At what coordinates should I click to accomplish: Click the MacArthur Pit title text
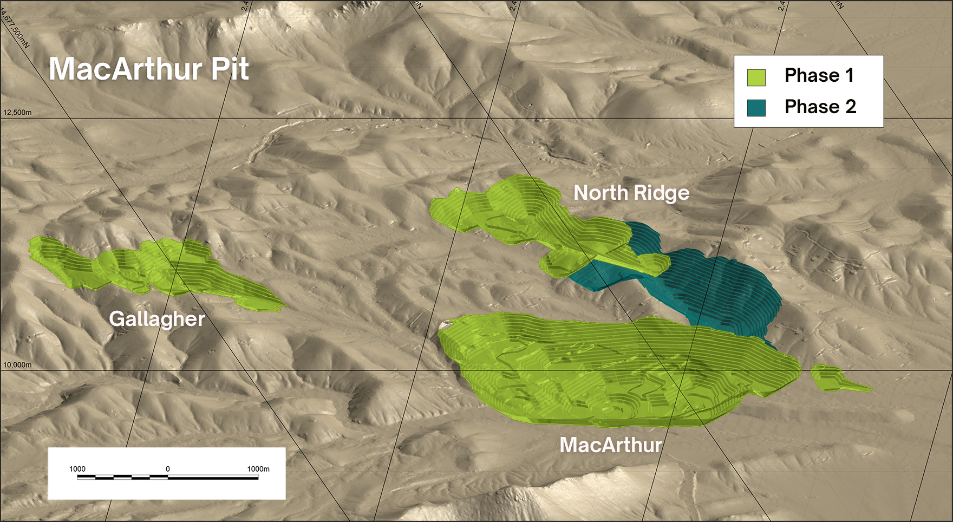[149, 69]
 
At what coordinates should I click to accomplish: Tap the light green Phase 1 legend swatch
[756, 77]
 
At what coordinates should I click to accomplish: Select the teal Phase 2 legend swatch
[756, 108]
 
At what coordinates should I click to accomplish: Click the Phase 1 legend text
[819, 75]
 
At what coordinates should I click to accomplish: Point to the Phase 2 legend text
[820, 107]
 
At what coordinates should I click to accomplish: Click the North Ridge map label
[631, 193]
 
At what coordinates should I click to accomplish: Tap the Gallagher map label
[157, 318]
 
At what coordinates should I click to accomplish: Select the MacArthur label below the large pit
[611, 445]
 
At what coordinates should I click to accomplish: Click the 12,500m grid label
[17, 113]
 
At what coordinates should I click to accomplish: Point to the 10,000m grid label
[17, 365]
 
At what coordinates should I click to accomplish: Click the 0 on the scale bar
[168, 469]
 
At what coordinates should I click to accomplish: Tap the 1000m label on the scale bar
[258, 469]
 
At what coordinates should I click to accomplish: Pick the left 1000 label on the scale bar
[77, 469]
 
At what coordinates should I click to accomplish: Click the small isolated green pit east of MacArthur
[831, 378]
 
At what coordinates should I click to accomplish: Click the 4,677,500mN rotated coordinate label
[15, 32]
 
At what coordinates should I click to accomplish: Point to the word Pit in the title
[230, 69]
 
